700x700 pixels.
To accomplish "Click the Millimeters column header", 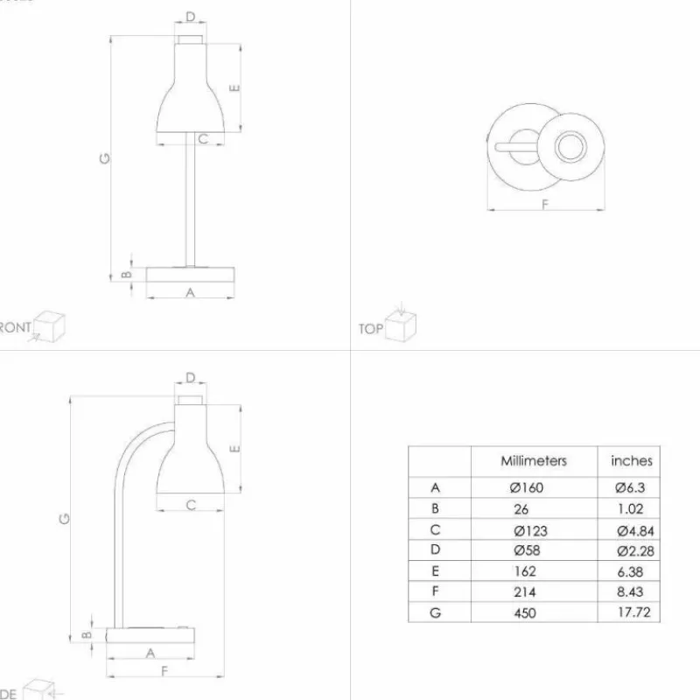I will coord(534,461).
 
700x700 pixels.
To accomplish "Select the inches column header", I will coord(631,461).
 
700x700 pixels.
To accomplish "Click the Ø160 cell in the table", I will coord(528,487).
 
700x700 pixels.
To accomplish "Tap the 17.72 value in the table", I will coord(635,612).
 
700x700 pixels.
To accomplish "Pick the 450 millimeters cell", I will coord(524,612).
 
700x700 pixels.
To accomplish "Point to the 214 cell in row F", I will coord(524,591).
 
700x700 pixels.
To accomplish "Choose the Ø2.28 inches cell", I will coord(635,550).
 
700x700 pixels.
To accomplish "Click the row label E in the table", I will coord(435,571).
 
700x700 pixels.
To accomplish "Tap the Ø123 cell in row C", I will coord(531,529).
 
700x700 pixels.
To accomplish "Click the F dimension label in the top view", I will coord(544,205).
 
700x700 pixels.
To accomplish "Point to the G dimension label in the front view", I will coord(104,158).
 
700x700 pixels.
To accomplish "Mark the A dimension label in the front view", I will coord(190,293).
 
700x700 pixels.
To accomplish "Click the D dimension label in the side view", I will coord(191,378).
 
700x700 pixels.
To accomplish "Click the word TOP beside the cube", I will coord(370,329).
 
